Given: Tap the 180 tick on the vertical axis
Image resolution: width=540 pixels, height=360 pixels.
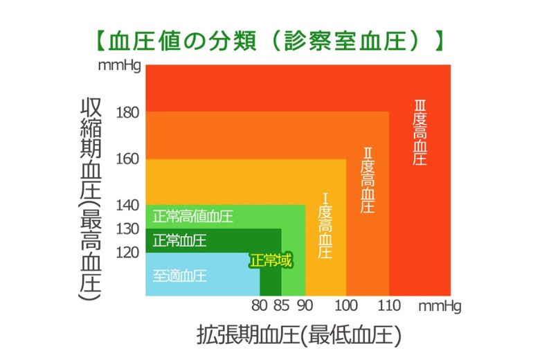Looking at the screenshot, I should click(x=128, y=112).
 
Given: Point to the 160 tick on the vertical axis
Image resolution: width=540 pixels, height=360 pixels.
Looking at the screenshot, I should click(x=128, y=159).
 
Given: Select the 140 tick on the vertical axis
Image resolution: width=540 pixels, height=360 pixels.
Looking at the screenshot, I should click(x=128, y=205).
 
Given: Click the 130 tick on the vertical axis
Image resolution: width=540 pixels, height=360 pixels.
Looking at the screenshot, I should click(x=128, y=228).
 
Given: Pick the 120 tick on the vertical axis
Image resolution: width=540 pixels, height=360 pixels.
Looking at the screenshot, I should click(x=128, y=253).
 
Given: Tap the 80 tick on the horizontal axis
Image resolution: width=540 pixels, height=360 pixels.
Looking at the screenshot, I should click(x=260, y=305).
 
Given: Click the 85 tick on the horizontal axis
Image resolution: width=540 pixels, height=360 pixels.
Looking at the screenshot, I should click(x=281, y=305).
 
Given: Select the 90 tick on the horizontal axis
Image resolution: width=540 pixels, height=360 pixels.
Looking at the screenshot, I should click(x=305, y=305).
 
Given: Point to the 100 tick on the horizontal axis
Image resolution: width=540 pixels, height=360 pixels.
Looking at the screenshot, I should click(x=346, y=305).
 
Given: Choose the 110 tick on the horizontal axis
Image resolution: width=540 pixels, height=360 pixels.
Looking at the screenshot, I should click(x=388, y=305).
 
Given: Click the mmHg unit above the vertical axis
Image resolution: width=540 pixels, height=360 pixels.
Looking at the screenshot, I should click(x=120, y=66).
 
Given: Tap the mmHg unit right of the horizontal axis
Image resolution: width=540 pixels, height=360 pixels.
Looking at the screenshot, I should click(x=438, y=305).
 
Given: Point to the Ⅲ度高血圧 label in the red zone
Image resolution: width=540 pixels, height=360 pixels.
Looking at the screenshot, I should click(x=420, y=132).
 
